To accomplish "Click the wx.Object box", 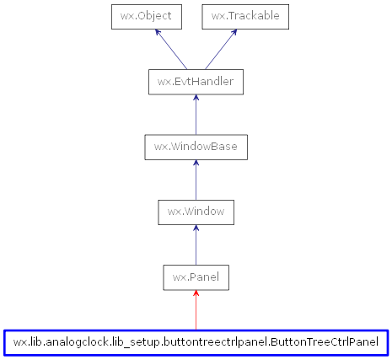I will tap(148, 16).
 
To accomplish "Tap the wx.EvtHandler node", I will tap(196, 82).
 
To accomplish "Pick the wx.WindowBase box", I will tap(196, 147).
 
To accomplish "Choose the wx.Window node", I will tap(196, 212).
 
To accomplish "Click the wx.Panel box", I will tap(196, 277).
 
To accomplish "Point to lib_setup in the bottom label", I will tap(133, 342).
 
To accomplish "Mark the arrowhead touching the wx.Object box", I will tap(158, 33).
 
